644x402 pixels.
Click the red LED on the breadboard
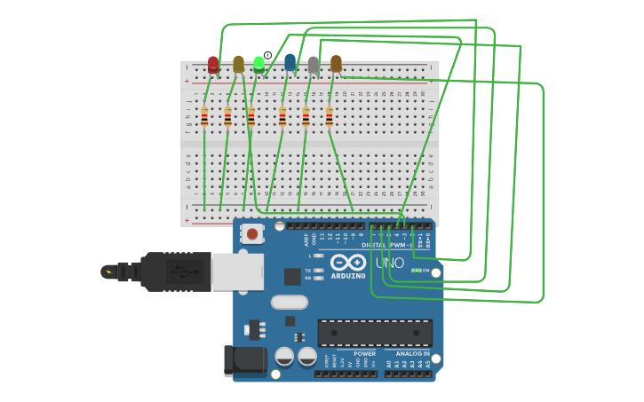[213, 64]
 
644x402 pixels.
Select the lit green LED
[258, 64]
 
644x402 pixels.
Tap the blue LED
[290, 62]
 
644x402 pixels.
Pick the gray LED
[314, 64]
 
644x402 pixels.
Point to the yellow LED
[238, 64]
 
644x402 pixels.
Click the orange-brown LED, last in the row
[336, 63]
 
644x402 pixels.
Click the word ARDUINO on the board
[348, 276]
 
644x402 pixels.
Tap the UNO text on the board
[389, 264]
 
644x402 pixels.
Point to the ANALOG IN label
[412, 354]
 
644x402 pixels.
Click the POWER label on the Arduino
[364, 354]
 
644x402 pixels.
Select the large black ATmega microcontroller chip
[375, 333]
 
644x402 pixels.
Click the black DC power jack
[245, 359]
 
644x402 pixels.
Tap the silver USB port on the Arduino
[238, 272]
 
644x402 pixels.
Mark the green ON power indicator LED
[416, 271]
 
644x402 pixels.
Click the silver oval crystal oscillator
[289, 302]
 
